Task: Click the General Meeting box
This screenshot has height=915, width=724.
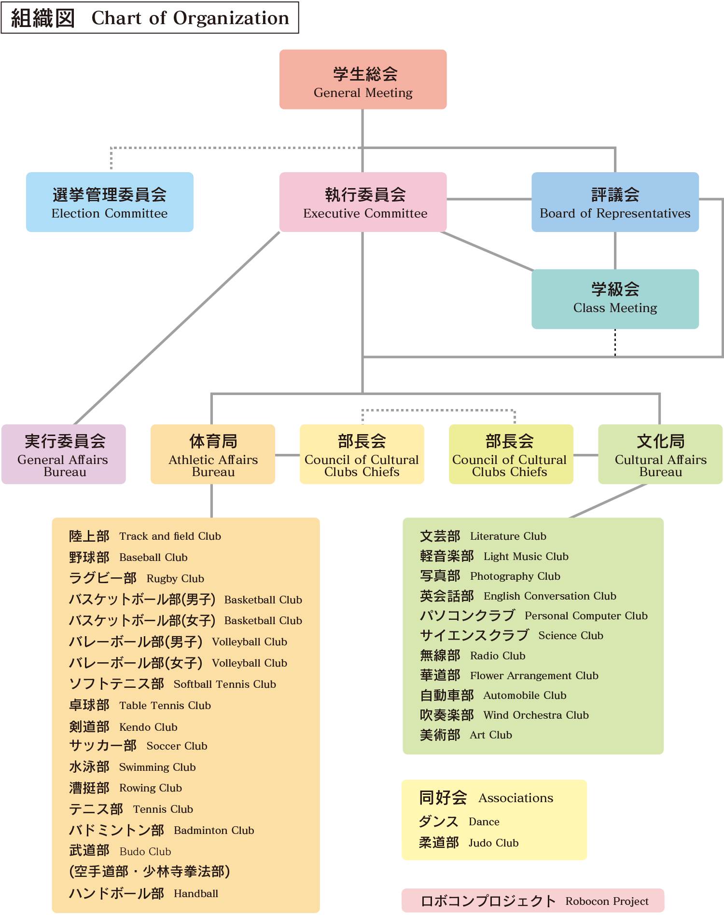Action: (x=363, y=79)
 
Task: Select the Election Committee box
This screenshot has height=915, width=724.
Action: (x=110, y=202)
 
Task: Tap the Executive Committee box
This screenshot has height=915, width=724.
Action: (x=363, y=202)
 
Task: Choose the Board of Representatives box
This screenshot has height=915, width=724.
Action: (x=615, y=202)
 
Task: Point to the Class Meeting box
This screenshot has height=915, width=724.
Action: (x=615, y=299)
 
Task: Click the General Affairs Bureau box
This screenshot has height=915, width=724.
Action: (x=64, y=454)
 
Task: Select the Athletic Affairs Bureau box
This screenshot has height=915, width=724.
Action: (x=213, y=454)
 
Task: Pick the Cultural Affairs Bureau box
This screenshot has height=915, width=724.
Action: (x=660, y=454)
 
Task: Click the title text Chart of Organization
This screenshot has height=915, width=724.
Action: (x=190, y=18)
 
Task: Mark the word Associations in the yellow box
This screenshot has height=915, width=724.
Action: (x=516, y=798)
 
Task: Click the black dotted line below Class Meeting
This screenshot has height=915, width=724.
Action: (x=615, y=343)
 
